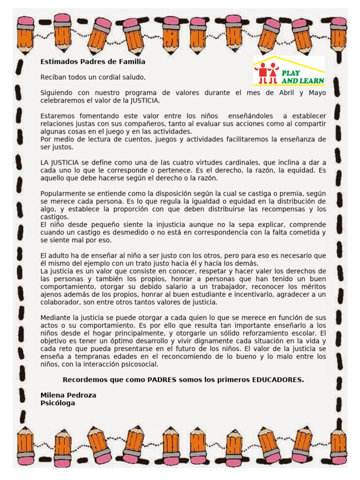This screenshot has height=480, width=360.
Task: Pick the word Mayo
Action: [317, 92]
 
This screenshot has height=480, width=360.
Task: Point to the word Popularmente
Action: [63, 193]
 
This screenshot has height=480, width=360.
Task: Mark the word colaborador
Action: [60, 302]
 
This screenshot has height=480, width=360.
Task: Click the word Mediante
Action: [55, 317]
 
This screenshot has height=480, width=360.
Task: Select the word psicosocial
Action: [139, 364]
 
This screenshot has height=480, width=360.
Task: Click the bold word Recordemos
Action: [84, 379]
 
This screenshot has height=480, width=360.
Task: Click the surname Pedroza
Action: [82, 395]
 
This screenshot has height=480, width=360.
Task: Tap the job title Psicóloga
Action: [58, 403]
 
